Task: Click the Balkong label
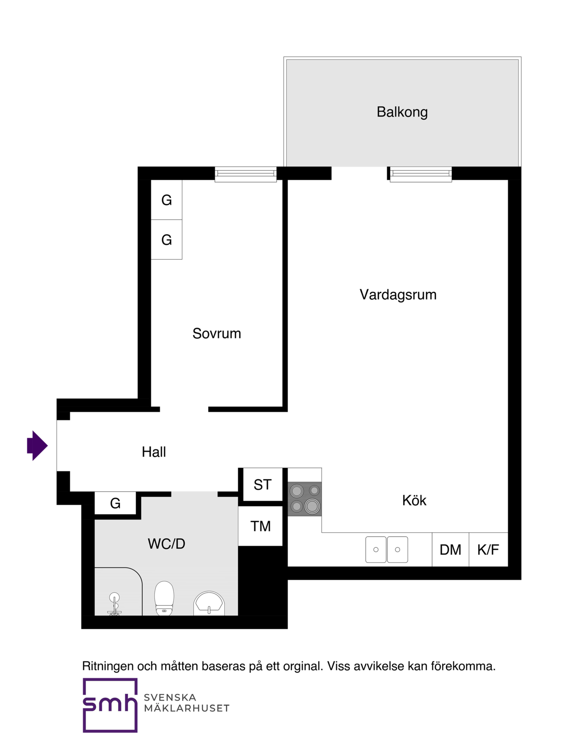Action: pyautogui.click(x=402, y=112)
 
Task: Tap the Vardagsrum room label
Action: pyautogui.click(x=398, y=295)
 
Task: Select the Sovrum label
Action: pyautogui.click(x=217, y=333)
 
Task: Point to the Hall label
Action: pyautogui.click(x=154, y=452)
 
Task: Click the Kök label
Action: pyautogui.click(x=414, y=500)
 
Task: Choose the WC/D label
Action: pyautogui.click(x=167, y=543)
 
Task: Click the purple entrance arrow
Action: pyautogui.click(x=37, y=445)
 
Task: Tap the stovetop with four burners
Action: pyautogui.click(x=305, y=499)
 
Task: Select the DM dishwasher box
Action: pyautogui.click(x=450, y=549)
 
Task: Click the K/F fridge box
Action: pyautogui.click(x=488, y=549)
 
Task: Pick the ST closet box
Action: pyautogui.click(x=262, y=485)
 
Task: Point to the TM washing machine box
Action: pyautogui.click(x=261, y=526)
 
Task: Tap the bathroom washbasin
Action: pyautogui.click(x=209, y=603)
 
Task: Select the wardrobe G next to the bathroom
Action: pyautogui.click(x=115, y=503)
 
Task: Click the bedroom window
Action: pyautogui.click(x=246, y=174)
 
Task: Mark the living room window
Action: pyautogui.click(x=420, y=174)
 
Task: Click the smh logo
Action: pyautogui.click(x=110, y=705)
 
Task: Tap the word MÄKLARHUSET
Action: pyautogui.click(x=186, y=708)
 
